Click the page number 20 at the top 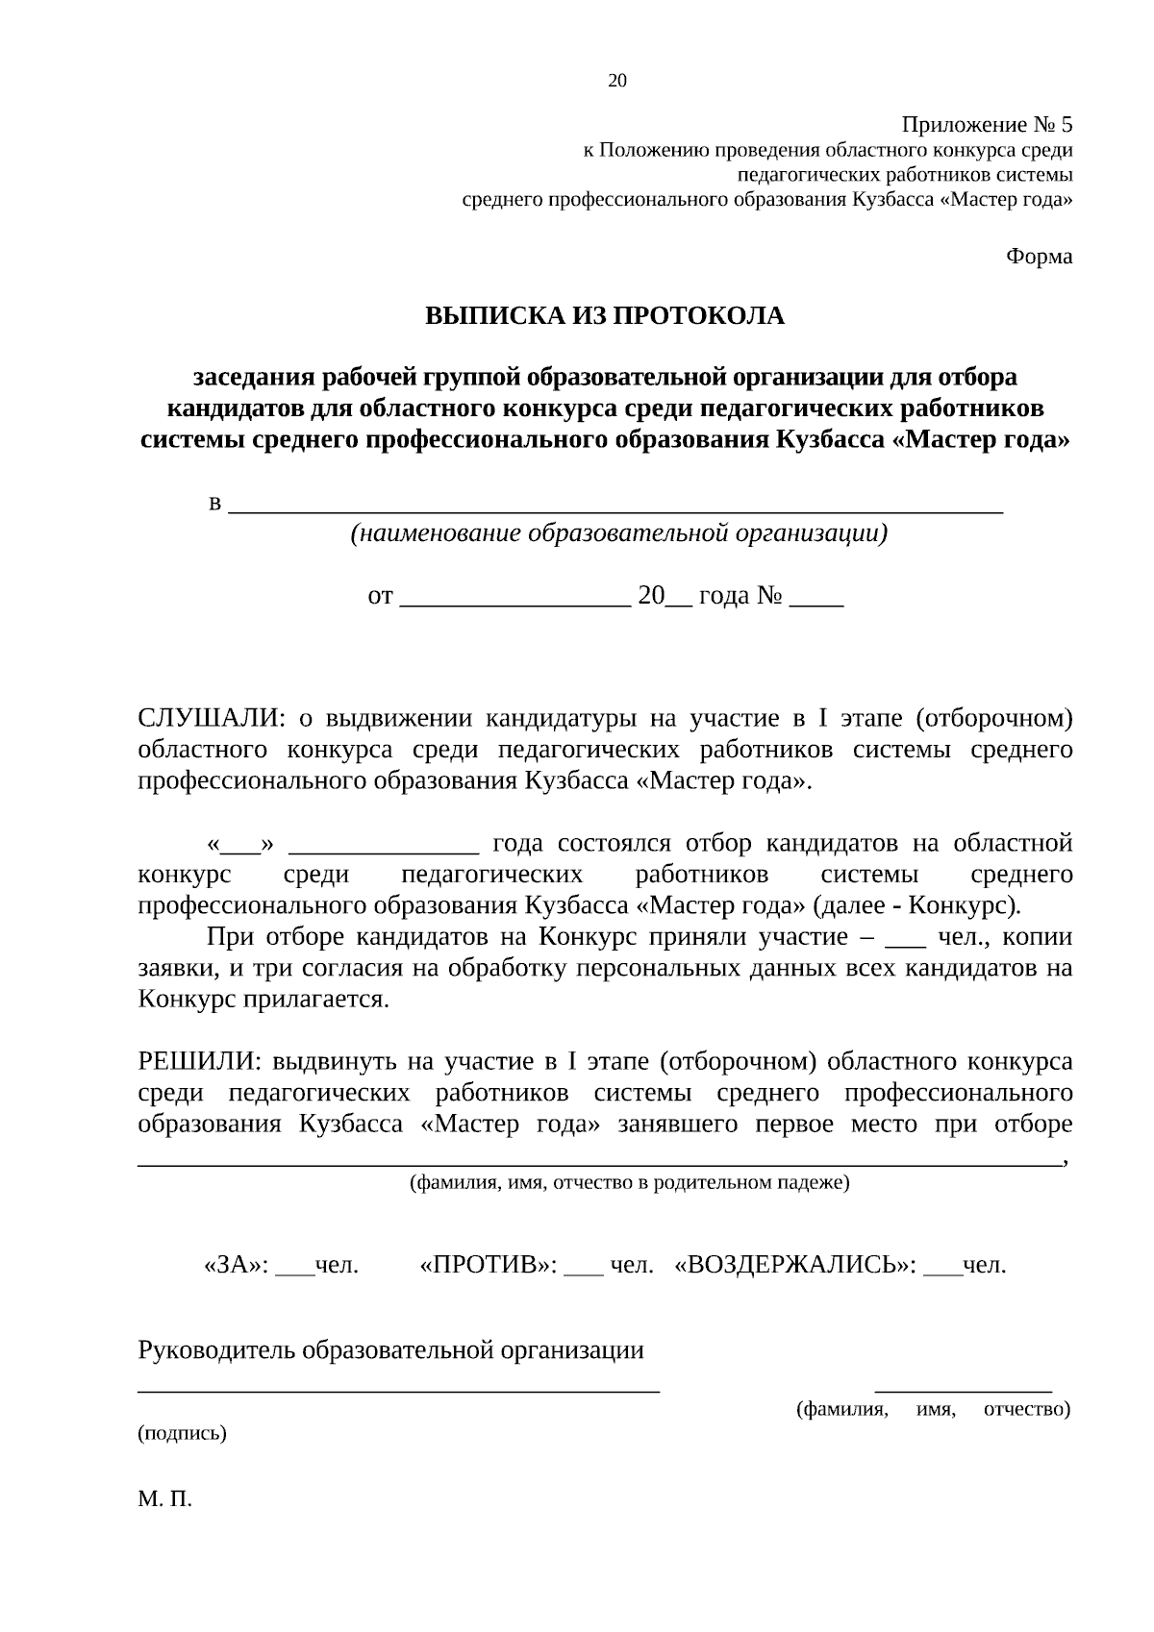click(x=617, y=81)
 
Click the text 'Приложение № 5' click(x=987, y=125)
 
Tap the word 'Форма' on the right click(x=1039, y=257)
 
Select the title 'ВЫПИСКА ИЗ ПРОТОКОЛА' click(x=605, y=315)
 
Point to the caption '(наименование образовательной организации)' click(x=617, y=533)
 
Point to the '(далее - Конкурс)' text click(x=917, y=905)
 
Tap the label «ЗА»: click(x=237, y=1265)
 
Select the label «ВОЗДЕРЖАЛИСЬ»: click(x=796, y=1265)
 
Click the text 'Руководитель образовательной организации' click(x=391, y=1350)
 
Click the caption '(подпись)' click(x=183, y=1433)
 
